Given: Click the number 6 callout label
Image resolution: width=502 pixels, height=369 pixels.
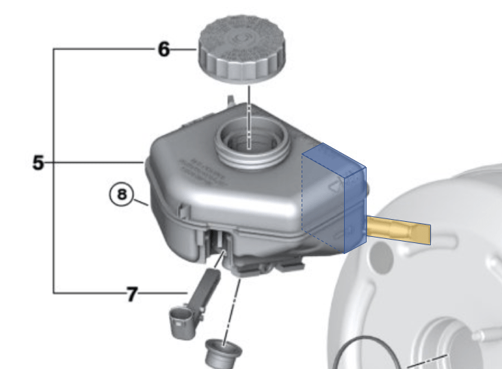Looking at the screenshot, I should (x=163, y=50).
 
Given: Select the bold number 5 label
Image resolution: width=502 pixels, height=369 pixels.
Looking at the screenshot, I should (x=38, y=162).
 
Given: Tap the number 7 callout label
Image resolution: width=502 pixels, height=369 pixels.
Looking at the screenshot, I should (x=131, y=294).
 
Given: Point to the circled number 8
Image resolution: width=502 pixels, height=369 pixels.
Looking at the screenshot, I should (x=122, y=194).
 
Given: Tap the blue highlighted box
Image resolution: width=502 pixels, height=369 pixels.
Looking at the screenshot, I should (x=334, y=199).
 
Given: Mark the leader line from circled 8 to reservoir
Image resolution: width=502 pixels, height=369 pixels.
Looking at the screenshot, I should (x=141, y=202).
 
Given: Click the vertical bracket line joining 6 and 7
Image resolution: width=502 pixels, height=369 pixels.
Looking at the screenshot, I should (x=55, y=171).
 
